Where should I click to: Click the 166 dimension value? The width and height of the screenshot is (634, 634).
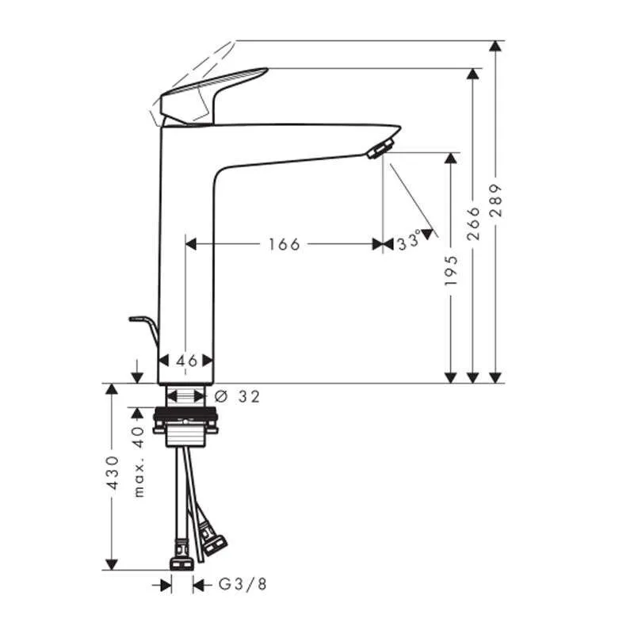(x=284, y=244)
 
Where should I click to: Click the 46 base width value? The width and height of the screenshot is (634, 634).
(x=186, y=361)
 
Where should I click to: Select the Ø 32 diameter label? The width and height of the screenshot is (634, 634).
(x=238, y=396)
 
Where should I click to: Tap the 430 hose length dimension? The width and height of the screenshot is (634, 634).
(x=112, y=474)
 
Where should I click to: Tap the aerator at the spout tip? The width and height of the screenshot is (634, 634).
(x=381, y=148)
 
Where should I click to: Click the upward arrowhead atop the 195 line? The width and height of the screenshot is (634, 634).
(x=451, y=158)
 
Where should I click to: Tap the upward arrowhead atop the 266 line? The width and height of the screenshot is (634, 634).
(x=473, y=74)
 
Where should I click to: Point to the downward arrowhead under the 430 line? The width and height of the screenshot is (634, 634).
(x=112, y=563)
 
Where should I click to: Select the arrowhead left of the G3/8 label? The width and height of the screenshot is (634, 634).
(x=166, y=585)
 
